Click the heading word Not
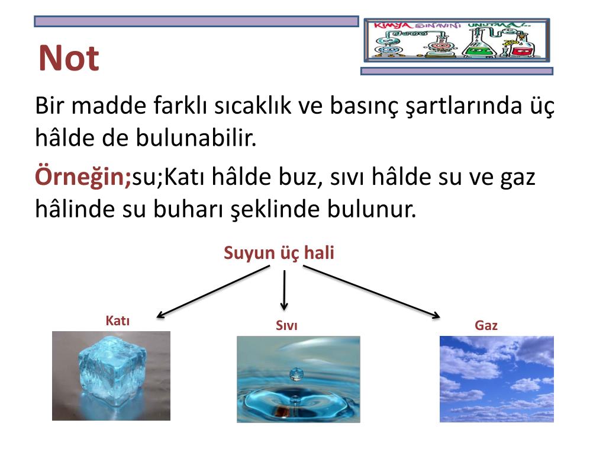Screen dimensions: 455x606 [x=69, y=59]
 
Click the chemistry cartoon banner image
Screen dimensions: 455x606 [x=456, y=40]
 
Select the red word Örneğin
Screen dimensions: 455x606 [x=83, y=177]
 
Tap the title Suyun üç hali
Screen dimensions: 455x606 [x=279, y=253]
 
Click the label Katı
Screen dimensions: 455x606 [x=117, y=321]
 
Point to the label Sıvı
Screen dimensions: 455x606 [x=286, y=325]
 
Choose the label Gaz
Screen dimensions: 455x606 [x=486, y=325]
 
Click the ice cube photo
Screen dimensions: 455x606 [x=111, y=376]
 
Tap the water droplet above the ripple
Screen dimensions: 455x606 [x=296, y=374]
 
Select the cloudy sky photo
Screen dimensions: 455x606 [x=497, y=379]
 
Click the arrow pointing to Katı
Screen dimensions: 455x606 [x=213, y=291]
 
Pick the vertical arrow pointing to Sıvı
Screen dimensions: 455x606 [x=285, y=289]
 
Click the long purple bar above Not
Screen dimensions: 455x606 [x=196, y=21]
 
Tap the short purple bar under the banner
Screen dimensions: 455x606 [x=456, y=71]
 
